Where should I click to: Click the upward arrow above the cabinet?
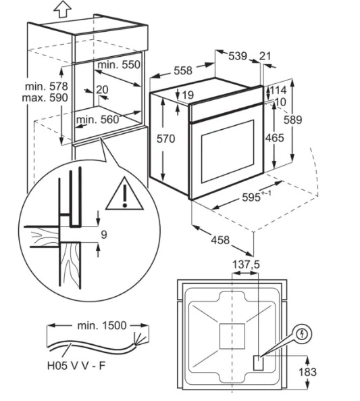click(63, 9)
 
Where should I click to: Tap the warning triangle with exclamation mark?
click(125, 193)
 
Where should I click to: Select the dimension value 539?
click(238, 56)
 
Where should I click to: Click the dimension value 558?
click(182, 70)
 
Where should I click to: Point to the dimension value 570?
click(166, 139)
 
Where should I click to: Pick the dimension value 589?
click(293, 120)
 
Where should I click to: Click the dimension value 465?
click(275, 138)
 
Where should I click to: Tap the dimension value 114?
click(278, 91)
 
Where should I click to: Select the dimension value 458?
click(220, 240)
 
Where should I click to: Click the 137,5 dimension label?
click(246, 264)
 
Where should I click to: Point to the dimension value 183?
click(307, 372)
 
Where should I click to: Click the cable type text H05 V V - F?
click(76, 366)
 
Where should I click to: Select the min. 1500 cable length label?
click(102, 325)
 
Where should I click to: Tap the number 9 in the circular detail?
click(104, 235)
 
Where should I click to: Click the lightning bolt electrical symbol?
click(303, 334)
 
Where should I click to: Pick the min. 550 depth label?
click(119, 65)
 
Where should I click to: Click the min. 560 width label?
click(98, 120)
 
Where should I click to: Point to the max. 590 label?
click(45, 98)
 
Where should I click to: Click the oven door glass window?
click(228, 151)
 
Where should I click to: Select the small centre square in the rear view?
click(232, 336)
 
